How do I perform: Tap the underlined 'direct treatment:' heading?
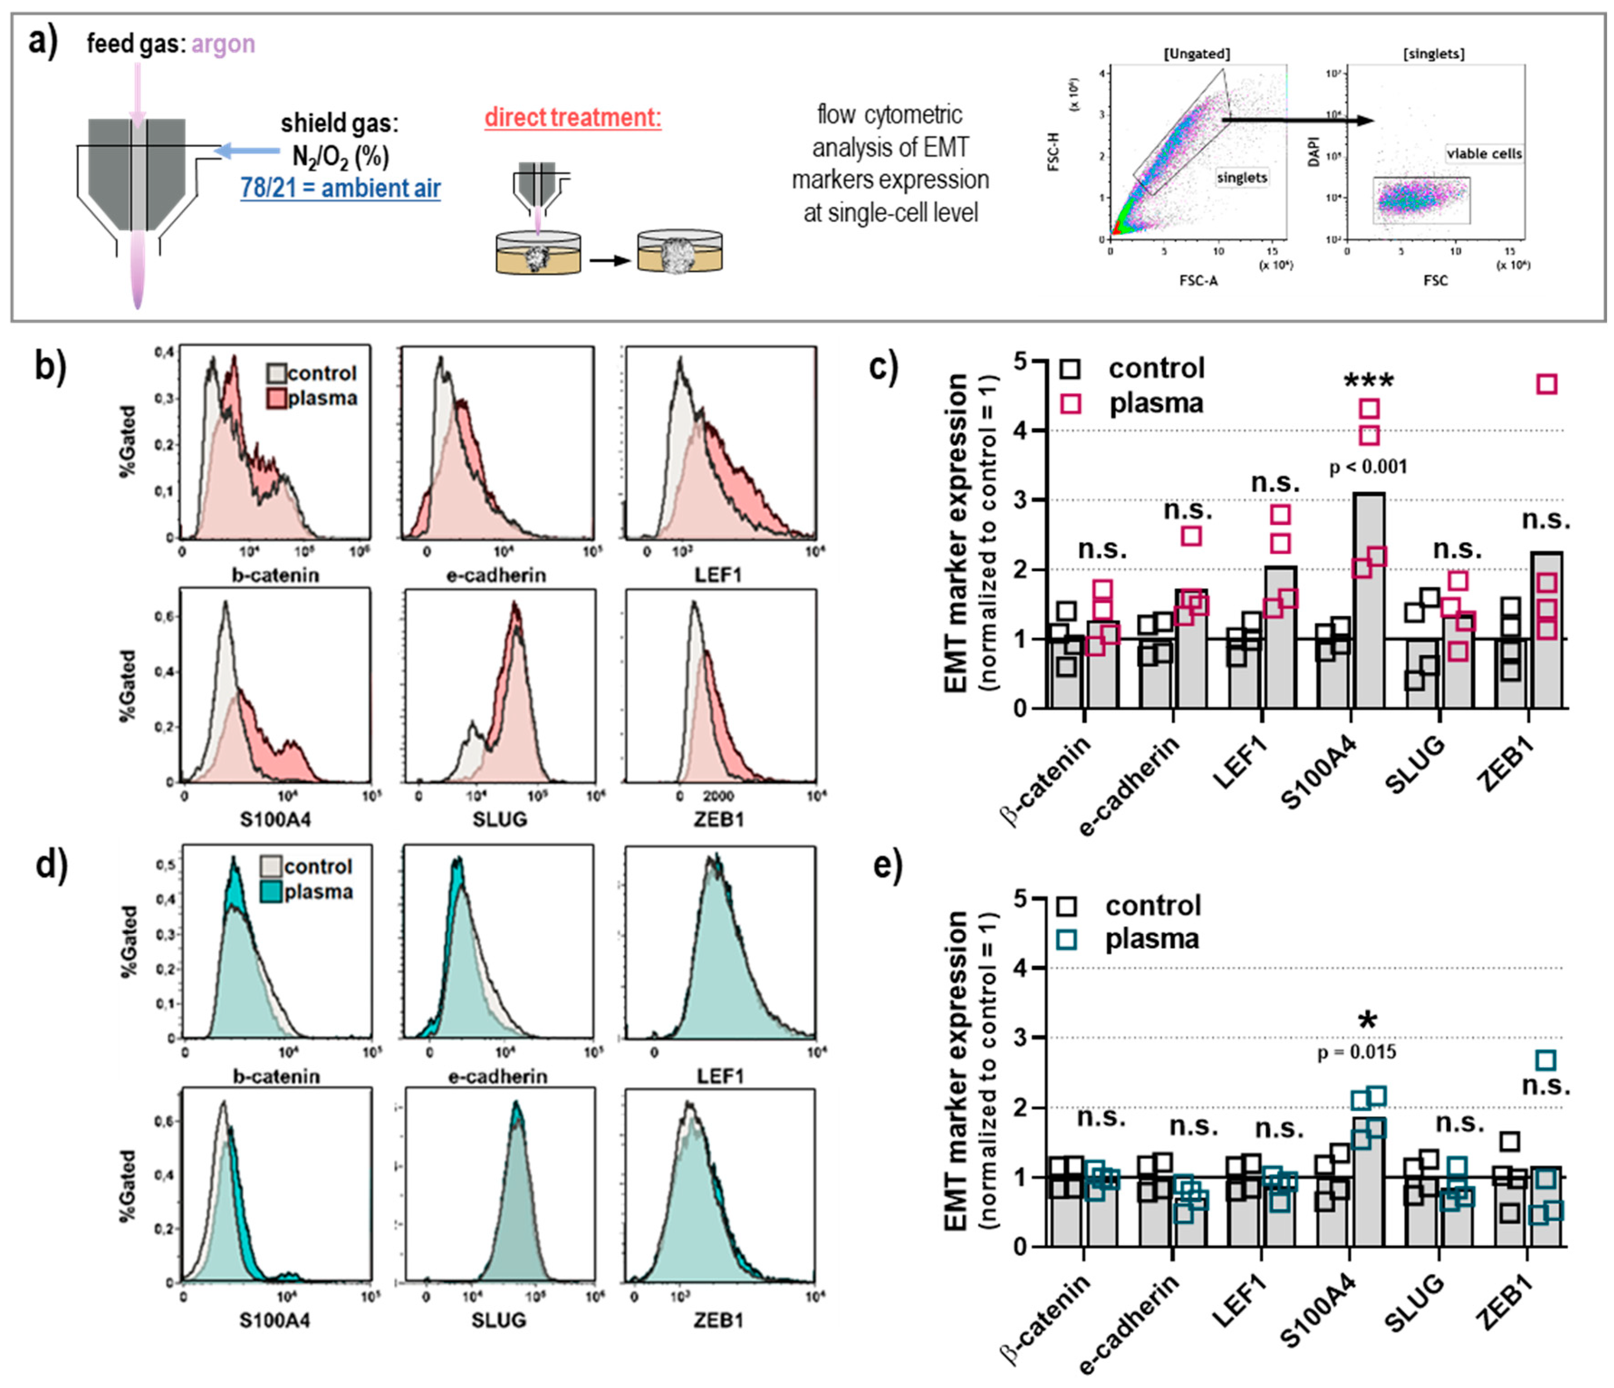click(x=572, y=118)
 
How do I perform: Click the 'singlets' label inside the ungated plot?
click(x=1242, y=178)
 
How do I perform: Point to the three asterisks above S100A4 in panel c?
click(x=1369, y=382)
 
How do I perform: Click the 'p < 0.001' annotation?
click(x=1368, y=467)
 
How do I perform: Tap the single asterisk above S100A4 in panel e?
click(x=1367, y=1021)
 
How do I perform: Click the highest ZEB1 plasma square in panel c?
click(x=1546, y=384)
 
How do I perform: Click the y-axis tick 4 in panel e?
click(x=1020, y=968)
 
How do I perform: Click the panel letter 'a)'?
click(x=43, y=40)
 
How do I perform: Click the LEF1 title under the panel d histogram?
click(x=721, y=1076)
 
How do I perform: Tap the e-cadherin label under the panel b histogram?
click(x=496, y=575)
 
